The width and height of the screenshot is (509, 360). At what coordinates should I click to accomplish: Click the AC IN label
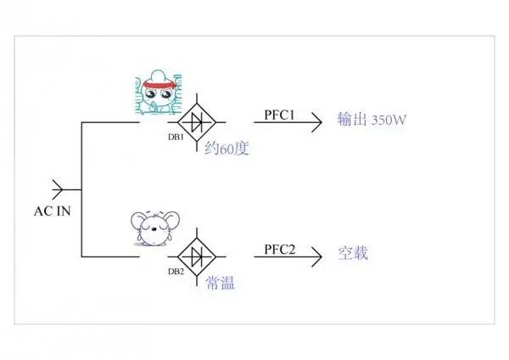(x=51, y=211)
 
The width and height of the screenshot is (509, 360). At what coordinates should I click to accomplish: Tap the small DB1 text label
(x=176, y=138)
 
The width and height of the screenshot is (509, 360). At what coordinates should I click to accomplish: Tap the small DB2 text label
(x=176, y=271)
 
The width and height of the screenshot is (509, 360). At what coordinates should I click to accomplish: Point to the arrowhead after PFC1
(x=317, y=121)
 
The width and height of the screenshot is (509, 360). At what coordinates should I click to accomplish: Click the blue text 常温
(x=220, y=282)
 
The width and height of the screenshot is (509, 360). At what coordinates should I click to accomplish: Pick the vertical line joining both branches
(x=81, y=188)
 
